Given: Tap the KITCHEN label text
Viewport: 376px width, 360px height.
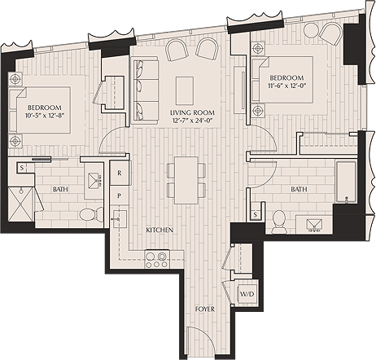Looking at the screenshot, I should pyautogui.click(x=159, y=230).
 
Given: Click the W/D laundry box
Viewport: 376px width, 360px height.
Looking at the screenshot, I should pyautogui.click(x=245, y=294).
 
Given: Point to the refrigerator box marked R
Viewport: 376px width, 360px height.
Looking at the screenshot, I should pyautogui.click(x=119, y=173).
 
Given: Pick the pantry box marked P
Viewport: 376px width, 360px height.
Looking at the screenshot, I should pyautogui.click(x=119, y=195).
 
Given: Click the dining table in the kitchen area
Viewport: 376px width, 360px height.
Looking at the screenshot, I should pyautogui.click(x=183, y=182).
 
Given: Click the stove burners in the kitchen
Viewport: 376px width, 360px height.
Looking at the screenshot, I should pyautogui.click(x=155, y=260).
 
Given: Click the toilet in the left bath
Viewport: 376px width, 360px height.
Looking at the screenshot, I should pyautogui.click(x=90, y=213).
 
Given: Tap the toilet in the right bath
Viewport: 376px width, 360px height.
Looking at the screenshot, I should pyautogui.click(x=278, y=219).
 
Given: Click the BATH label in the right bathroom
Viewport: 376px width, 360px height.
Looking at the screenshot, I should pyautogui.click(x=298, y=190).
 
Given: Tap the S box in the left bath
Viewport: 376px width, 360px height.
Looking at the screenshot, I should pyautogui.click(x=21, y=167).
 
